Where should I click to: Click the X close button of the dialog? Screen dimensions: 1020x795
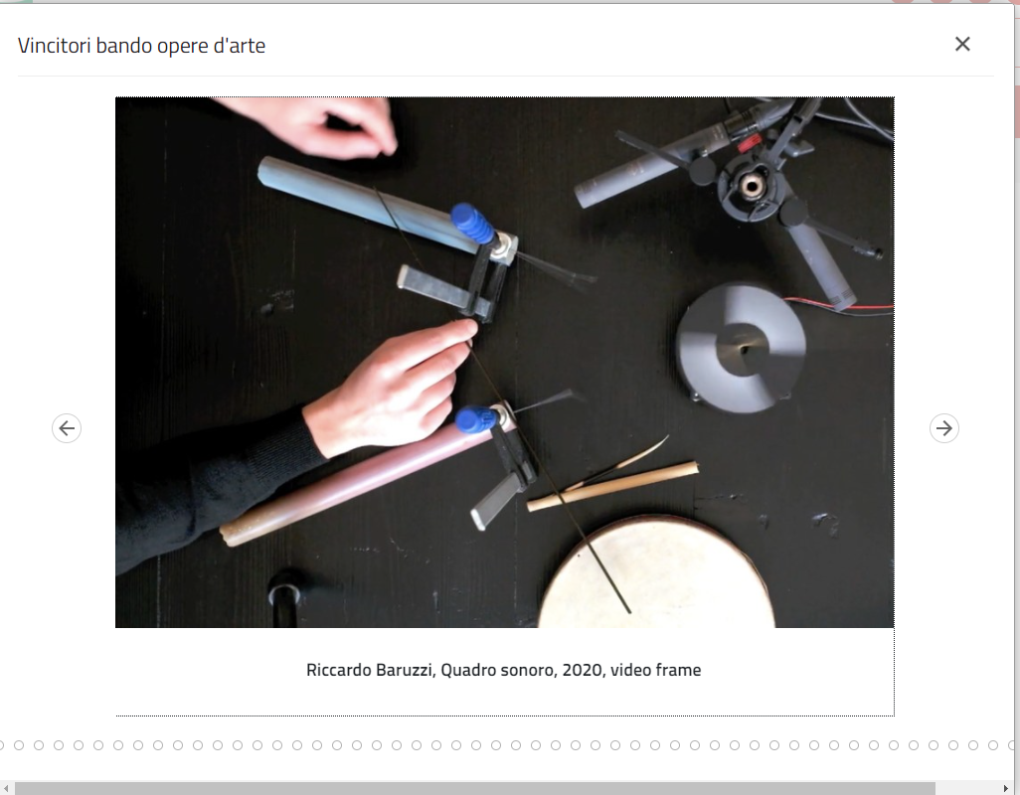coord(962,44)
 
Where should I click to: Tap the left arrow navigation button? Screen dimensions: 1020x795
coord(67,428)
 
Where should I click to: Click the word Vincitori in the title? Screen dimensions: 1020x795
coord(55,46)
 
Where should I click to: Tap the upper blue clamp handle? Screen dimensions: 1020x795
coord(473,223)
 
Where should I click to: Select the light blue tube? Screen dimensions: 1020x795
coord(371,203)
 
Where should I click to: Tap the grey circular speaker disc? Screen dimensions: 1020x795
coord(741,348)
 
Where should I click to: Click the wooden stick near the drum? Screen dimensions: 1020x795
coord(612,486)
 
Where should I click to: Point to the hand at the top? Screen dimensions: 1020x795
coord(312,125)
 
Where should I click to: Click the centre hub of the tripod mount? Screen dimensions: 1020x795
coord(752,187)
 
